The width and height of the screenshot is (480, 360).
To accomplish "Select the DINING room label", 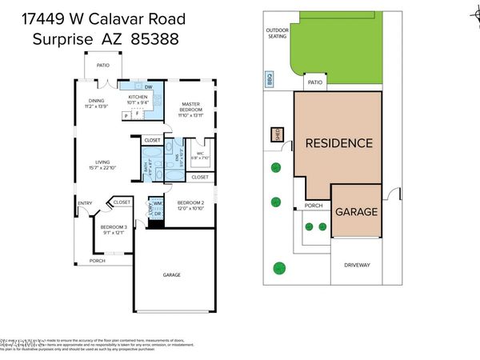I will coord(96,100).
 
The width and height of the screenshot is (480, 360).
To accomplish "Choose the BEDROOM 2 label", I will coord(190,202).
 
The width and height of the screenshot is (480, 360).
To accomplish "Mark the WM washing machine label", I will coord(158,203).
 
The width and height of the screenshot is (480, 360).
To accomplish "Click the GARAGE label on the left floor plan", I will coord(172,274).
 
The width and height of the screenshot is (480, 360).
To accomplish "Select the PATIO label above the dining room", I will coord(102,66).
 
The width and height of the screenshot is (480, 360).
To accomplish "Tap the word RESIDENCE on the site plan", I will coord(338,144).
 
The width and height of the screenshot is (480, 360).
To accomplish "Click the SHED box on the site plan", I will coord(278,134).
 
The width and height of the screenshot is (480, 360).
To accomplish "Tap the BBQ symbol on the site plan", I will coord(270,80).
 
